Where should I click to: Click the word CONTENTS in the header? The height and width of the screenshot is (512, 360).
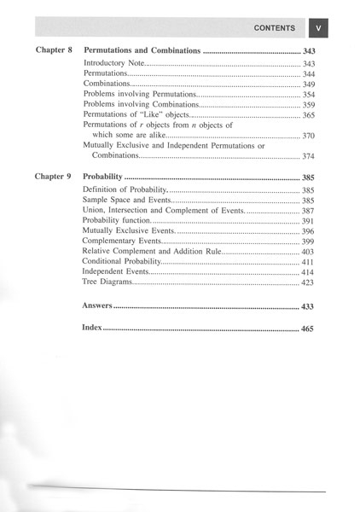tap(275, 28)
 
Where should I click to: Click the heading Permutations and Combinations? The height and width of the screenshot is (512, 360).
tap(142, 51)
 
